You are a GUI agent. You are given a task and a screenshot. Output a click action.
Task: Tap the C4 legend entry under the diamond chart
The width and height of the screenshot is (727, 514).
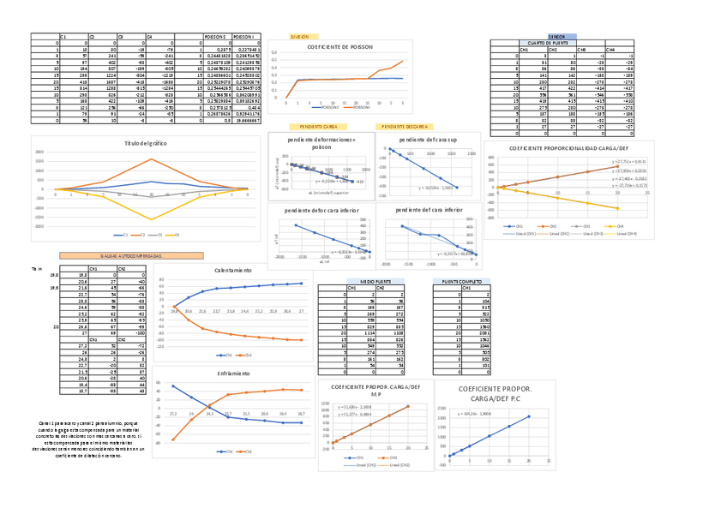pyautogui.click(x=173, y=234)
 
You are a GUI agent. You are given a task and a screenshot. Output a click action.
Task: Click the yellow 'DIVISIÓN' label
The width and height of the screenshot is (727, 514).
pyautogui.click(x=299, y=38)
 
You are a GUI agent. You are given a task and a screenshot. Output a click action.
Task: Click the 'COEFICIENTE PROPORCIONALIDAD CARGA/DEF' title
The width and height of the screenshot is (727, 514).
pyautogui.click(x=568, y=148)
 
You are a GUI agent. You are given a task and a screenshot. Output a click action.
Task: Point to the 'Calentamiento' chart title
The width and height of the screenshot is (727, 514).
pyautogui.click(x=232, y=270)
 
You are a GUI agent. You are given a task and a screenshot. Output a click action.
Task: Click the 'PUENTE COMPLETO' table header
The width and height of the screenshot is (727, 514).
pyautogui.click(x=461, y=281)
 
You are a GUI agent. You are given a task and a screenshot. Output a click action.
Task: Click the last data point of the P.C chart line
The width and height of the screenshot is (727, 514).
pyautogui.click(x=528, y=416)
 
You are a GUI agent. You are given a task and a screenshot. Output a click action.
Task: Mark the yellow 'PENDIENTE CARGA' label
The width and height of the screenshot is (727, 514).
pyautogui.click(x=317, y=125)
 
